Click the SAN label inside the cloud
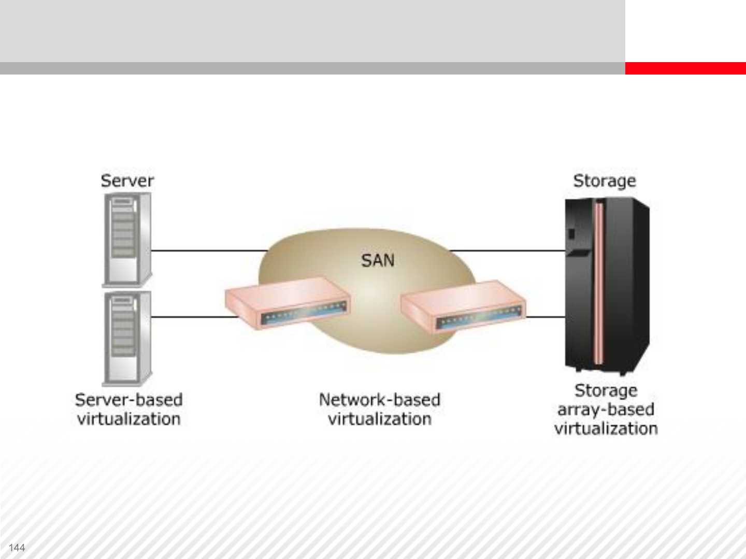tap(378, 260)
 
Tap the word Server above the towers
tap(127, 181)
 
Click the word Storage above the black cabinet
tap(605, 181)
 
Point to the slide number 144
tap(17, 548)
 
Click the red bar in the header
tap(685, 68)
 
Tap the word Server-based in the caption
tap(129, 400)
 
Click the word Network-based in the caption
tap(380, 400)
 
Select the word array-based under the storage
tap(606, 409)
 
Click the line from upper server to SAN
tap(207, 251)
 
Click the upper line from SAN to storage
tap(508, 251)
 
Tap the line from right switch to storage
tap(545, 316)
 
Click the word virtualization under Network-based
tap(380, 419)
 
